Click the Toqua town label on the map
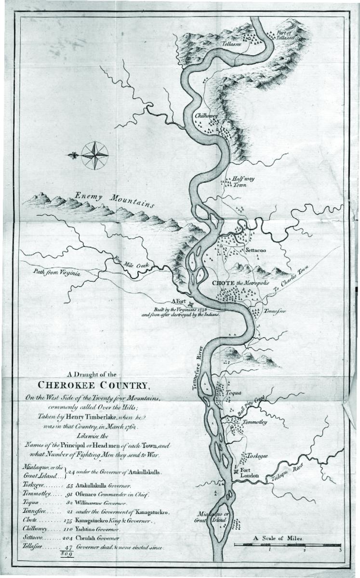(233, 392)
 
